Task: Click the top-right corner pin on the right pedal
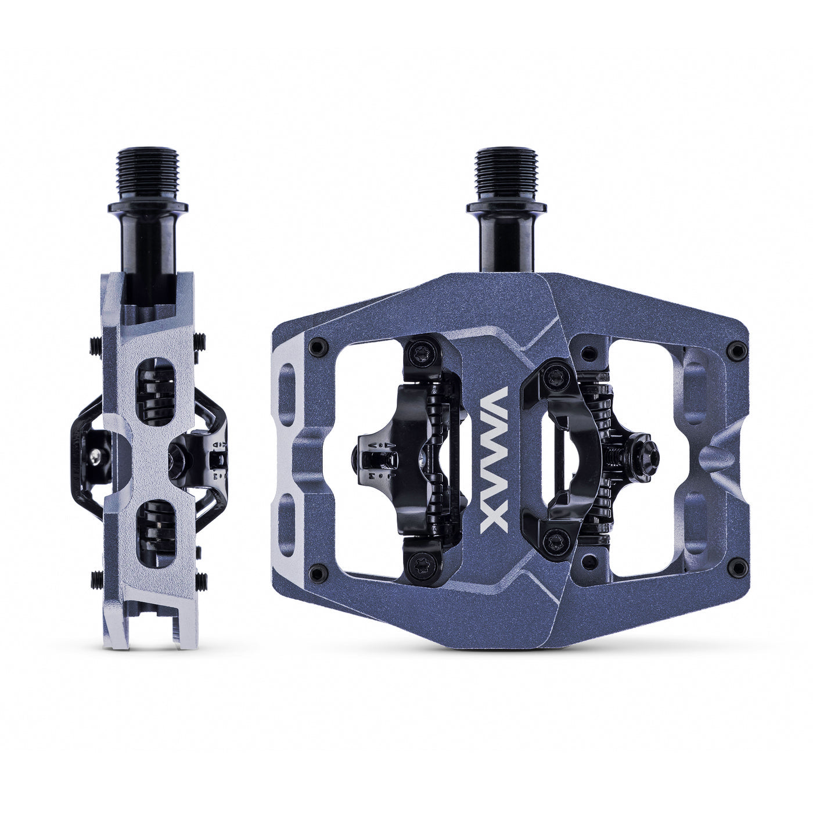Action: (738, 348)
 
